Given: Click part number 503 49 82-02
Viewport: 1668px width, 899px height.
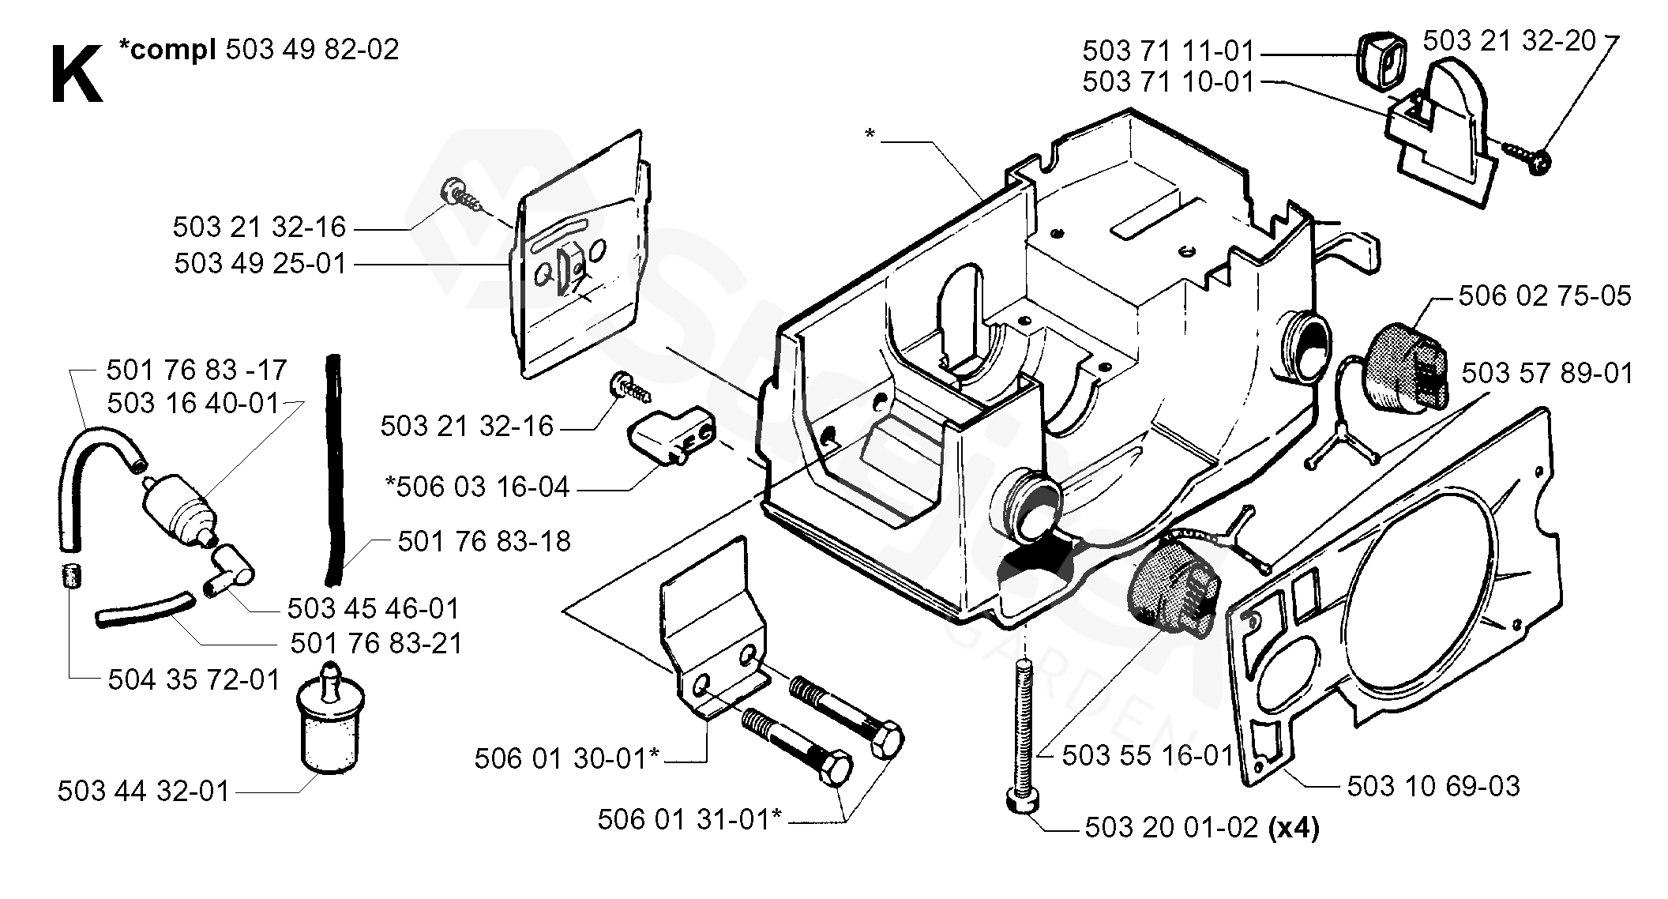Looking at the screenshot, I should (x=312, y=49).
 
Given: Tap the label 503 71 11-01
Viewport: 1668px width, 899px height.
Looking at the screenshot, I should (x=1167, y=51).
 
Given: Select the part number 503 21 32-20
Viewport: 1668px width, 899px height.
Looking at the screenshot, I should (x=1508, y=40).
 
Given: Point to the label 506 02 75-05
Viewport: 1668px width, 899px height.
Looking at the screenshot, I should (x=1544, y=296).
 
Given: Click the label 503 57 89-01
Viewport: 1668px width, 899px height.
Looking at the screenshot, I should (x=1546, y=373).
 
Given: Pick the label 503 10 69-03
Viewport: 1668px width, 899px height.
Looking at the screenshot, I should (x=1433, y=786).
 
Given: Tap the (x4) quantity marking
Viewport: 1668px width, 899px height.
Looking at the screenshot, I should (x=1292, y=828).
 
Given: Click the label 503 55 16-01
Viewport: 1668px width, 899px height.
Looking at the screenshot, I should (x=1147, y=755).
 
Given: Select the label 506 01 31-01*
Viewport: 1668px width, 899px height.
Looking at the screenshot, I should (x=689, y=819).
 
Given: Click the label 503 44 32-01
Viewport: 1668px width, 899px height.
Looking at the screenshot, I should (x=143, y=791).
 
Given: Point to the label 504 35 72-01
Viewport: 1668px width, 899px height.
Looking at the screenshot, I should (x=193, y=679).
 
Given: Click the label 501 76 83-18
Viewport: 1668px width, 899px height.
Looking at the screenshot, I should (x=483, y=541).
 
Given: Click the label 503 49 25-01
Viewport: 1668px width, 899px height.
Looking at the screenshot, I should (x=261, y=263).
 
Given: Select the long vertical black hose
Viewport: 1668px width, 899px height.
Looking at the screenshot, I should (x=335, y=466).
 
